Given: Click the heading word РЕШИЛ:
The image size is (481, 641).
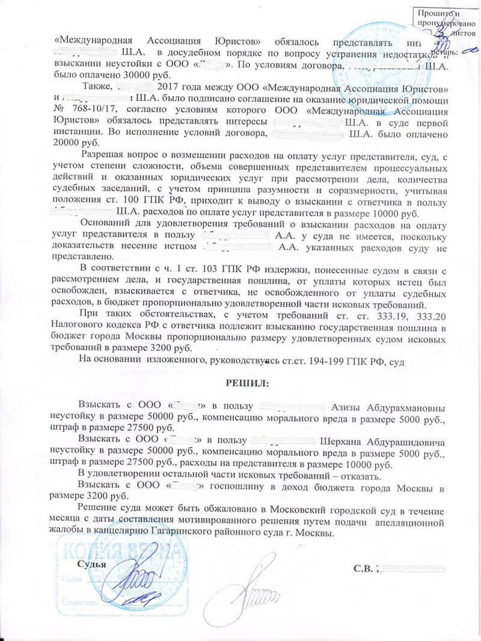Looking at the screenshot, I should coord(248,382).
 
